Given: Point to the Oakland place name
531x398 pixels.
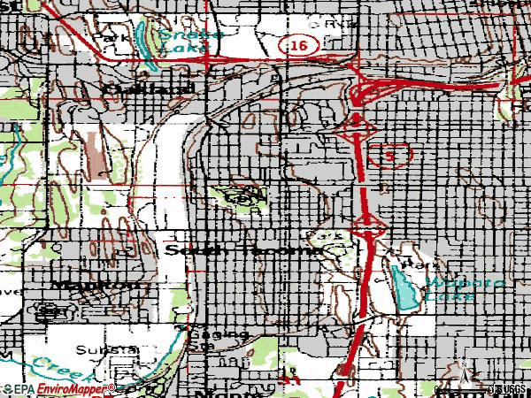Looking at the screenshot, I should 135,88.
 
